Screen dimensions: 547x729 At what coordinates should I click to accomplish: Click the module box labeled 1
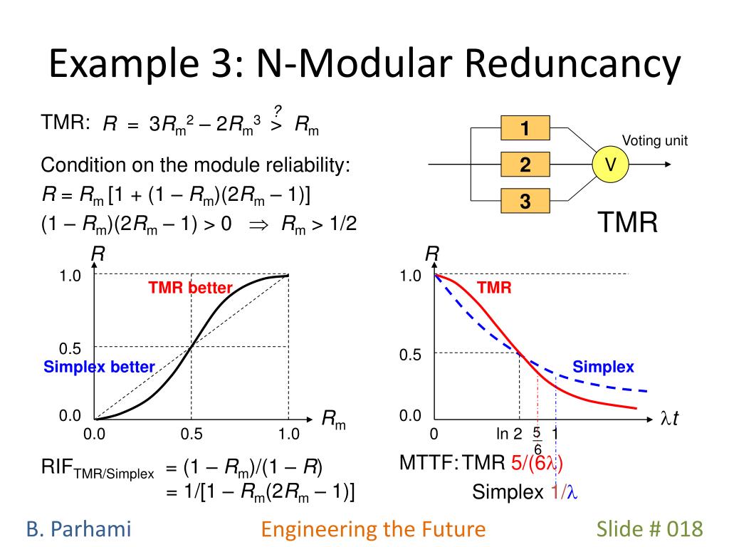[525, 129]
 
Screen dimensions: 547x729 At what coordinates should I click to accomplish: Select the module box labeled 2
[525, 165]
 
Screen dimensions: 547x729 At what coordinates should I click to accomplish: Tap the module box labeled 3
[525, 202]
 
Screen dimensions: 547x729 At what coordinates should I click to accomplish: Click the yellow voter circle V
[610, 165]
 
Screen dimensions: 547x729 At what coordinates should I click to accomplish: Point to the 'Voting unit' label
[655, 141]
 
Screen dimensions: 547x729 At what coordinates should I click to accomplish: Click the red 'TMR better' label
[190, 288]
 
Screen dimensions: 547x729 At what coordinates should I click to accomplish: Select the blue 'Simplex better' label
[99, 367]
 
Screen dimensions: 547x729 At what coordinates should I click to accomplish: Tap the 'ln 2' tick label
[509, 434]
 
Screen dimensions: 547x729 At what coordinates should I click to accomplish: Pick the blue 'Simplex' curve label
[603, 367]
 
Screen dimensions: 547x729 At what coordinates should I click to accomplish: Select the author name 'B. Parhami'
[79, 528]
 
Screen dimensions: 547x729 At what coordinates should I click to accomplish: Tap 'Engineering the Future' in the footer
[373, 528]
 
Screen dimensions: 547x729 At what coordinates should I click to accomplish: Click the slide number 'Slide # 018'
[649, 528]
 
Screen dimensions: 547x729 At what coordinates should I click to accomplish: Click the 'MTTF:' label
[429, 464]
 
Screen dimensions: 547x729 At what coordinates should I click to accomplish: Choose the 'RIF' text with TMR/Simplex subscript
[98, 469]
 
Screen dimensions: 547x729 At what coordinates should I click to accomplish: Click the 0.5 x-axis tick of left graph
[192, 434]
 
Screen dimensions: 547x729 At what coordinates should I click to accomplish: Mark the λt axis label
[669, 420]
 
